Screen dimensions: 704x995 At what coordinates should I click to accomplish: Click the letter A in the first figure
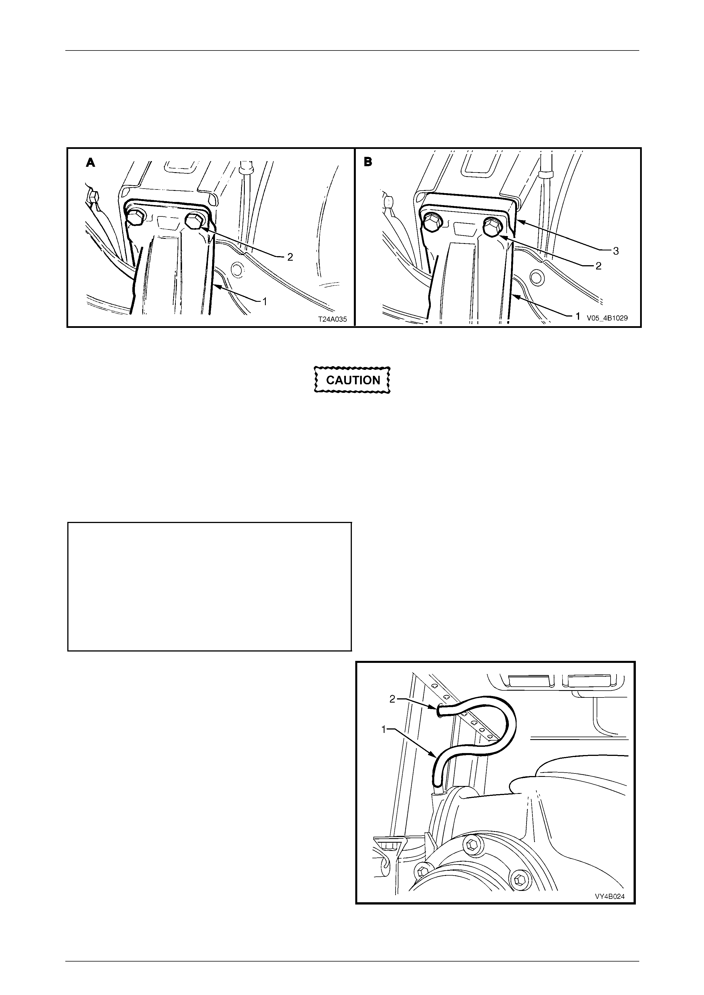click(90, 163)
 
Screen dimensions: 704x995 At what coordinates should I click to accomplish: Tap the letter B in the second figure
click(368, 163)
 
